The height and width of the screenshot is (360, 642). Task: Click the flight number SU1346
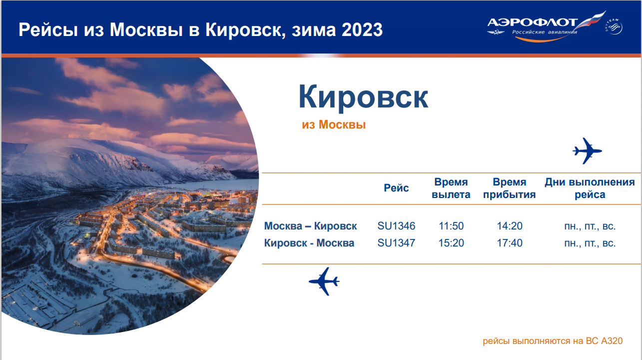(396, 226)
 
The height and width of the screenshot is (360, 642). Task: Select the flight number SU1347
(396, 243)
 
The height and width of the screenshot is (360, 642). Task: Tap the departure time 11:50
(451, 226)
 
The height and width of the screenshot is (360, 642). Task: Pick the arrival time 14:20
(510, 226)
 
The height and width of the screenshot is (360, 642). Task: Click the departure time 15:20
(451, 243)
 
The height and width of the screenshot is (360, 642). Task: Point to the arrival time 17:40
(510, 243)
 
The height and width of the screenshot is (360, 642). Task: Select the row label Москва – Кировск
(310, 226)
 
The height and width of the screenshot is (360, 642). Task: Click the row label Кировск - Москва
(309, 243)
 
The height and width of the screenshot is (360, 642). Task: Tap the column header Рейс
(396, 188)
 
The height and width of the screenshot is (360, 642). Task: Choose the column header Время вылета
(451, 188)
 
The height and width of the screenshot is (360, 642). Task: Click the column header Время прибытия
(510, 188)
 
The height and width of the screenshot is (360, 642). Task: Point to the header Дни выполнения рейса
(590, 188)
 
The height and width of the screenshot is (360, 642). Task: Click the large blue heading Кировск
(363, 97)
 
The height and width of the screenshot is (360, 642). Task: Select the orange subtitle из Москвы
(334, 124)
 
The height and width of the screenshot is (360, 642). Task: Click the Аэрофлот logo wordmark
(533, 22)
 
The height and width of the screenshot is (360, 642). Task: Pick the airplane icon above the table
(587, 151)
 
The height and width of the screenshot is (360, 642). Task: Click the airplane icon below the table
(324, 281)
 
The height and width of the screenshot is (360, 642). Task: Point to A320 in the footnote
(612, 341)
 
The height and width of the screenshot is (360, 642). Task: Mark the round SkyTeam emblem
(614, 27)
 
